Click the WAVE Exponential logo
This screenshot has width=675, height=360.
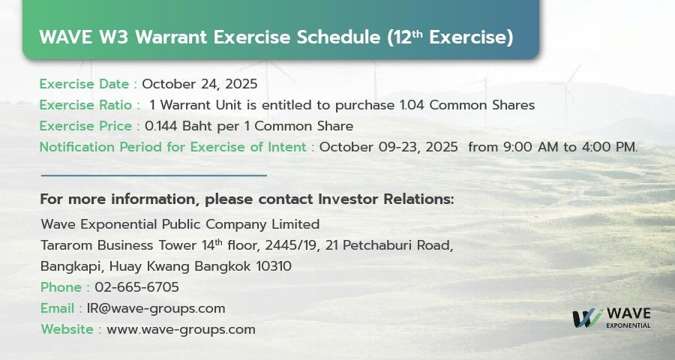[611, 318]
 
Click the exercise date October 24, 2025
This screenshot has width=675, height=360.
[199, 84]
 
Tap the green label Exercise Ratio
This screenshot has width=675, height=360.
[85, 105]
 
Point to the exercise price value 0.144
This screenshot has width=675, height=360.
[161, 126]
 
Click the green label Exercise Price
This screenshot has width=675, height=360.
[85, 126]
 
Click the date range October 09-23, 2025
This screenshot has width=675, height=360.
[388, 147]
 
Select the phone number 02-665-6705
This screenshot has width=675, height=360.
[137, 287]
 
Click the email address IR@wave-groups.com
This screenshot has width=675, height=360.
[156, 308]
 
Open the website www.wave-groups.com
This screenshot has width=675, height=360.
[181, 330]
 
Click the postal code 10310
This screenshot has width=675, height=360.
[274, 266]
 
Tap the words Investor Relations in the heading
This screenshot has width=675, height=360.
[385, 199]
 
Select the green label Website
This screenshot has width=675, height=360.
[67, 329]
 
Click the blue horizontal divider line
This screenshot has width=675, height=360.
[154, 175]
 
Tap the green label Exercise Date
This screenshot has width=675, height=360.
[84, 84]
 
